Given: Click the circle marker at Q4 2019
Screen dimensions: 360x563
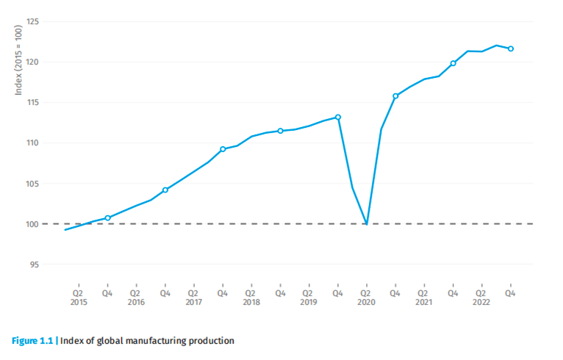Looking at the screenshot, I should tap(338, 117).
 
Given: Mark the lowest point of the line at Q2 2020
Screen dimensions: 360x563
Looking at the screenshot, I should tap(367, 223).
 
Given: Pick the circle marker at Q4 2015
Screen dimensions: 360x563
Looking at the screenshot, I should tap(107, 217).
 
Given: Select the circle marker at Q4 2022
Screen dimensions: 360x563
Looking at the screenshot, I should tap(511, 48).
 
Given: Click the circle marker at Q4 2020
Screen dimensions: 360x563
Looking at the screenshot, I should tap(395, 96).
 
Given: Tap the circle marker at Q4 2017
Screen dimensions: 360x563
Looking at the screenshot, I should tap(223, 149).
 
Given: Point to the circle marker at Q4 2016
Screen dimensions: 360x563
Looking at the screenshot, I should tap(165, 190).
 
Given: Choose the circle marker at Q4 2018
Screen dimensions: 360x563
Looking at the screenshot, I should tap(280, 131).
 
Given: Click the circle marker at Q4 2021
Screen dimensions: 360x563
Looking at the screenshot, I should tap(453, 63).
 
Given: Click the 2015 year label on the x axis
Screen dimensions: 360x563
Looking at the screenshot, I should tap(79, 302).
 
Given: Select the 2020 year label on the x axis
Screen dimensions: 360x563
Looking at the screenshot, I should tap(367, 302).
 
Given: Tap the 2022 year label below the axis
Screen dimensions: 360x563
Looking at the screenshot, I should tap(482, 302).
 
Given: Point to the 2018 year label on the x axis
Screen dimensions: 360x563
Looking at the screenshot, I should tap(251, 302).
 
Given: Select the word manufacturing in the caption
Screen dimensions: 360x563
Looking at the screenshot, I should tap(157, 340).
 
